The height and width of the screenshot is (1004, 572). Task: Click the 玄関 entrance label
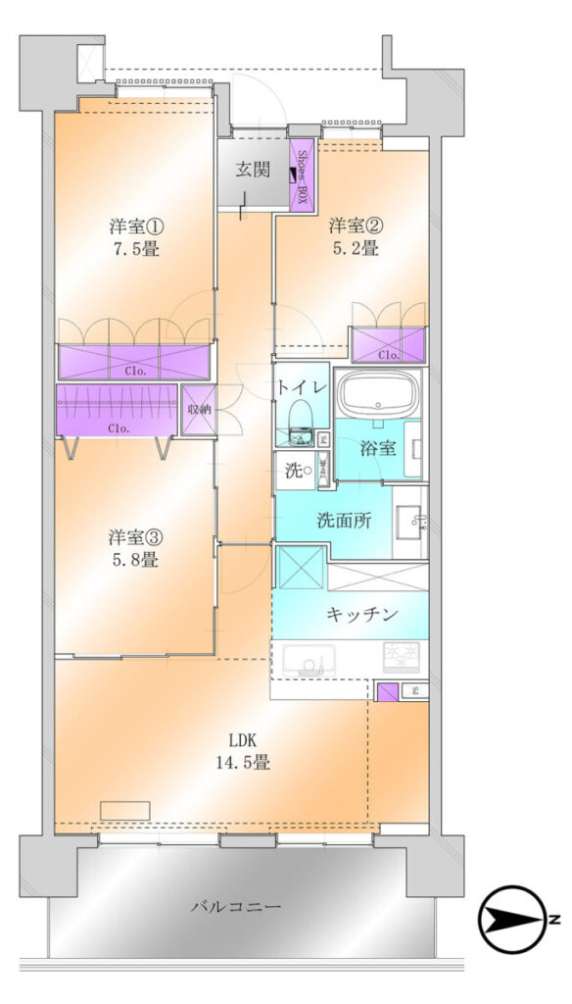point(252,170)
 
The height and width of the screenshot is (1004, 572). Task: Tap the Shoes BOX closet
point(302,176)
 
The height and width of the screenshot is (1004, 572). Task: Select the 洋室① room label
point(136,226)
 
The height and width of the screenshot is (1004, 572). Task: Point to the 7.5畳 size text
point(136,248)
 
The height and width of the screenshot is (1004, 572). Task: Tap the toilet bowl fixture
point(299,422)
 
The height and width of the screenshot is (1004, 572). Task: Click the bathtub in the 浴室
point(379,393)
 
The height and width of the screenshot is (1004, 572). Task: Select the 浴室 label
point(377,449)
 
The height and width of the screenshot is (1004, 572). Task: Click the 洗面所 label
point(344,521)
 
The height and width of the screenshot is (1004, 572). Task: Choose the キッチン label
point(362,615)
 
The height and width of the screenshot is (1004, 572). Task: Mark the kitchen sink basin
point(310,660)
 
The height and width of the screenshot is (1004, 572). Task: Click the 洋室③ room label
point(135,536)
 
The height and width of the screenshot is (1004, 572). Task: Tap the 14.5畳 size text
point(244,763)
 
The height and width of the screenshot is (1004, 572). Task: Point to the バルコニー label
point(236,907)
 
